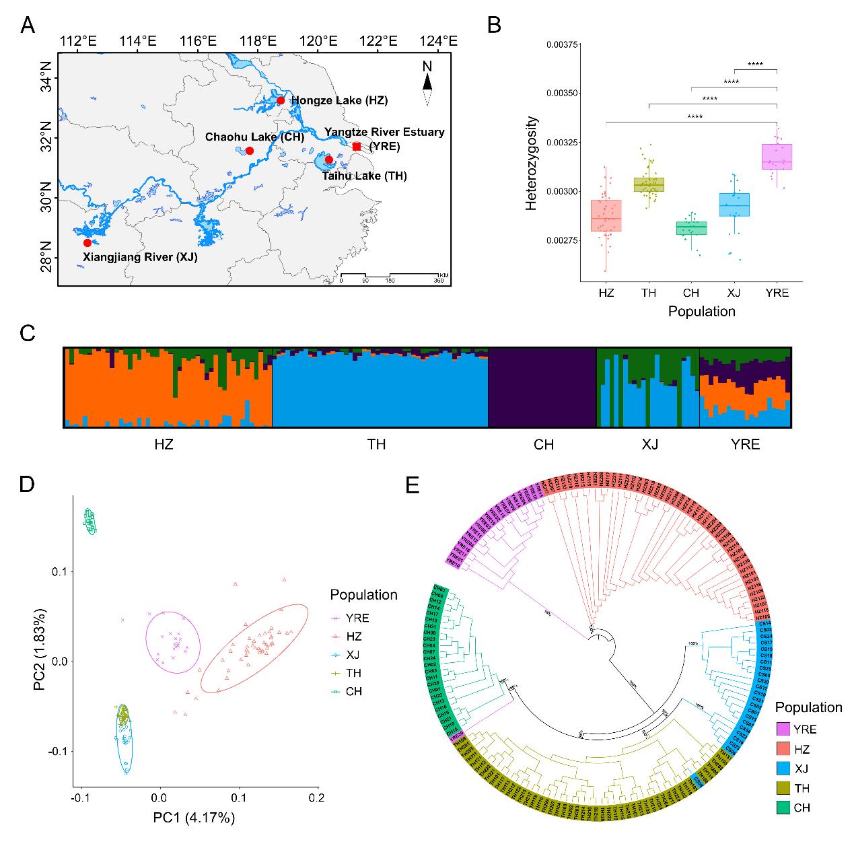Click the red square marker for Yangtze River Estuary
[357, 147]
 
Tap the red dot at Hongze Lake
[281, 101]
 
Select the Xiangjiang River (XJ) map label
[140, 256]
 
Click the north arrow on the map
[427, 83]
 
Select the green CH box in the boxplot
[691, 228]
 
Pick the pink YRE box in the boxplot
[777, 157]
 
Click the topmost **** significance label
[755, 65]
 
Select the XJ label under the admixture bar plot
[649, 444]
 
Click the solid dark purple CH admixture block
[542, 388]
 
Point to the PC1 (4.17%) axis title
[195, 818]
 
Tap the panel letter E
[412, 485]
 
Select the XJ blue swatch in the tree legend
[783, 769]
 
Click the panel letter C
[28, 333]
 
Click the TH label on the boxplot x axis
[649, 293]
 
